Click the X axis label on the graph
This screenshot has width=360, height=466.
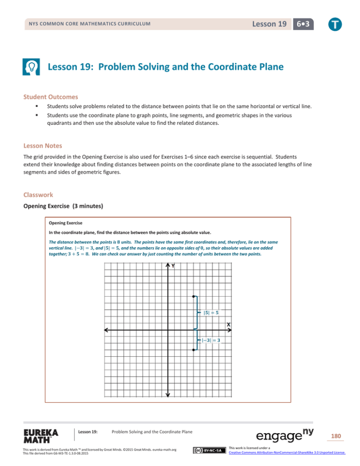(229, 324)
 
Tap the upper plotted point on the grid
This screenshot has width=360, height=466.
(194, 296)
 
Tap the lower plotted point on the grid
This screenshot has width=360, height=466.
(194, 350)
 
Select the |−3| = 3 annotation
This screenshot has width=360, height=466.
(211, 340)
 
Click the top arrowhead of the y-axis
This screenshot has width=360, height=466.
(167, 266)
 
